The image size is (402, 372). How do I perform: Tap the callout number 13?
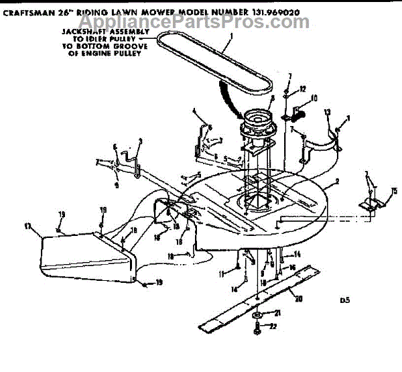(x=327, y=111)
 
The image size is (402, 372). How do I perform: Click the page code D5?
(x=344, y=301)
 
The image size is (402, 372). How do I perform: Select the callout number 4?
(x=194, y=111)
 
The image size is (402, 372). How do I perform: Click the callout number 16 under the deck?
(x=293, y=266)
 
